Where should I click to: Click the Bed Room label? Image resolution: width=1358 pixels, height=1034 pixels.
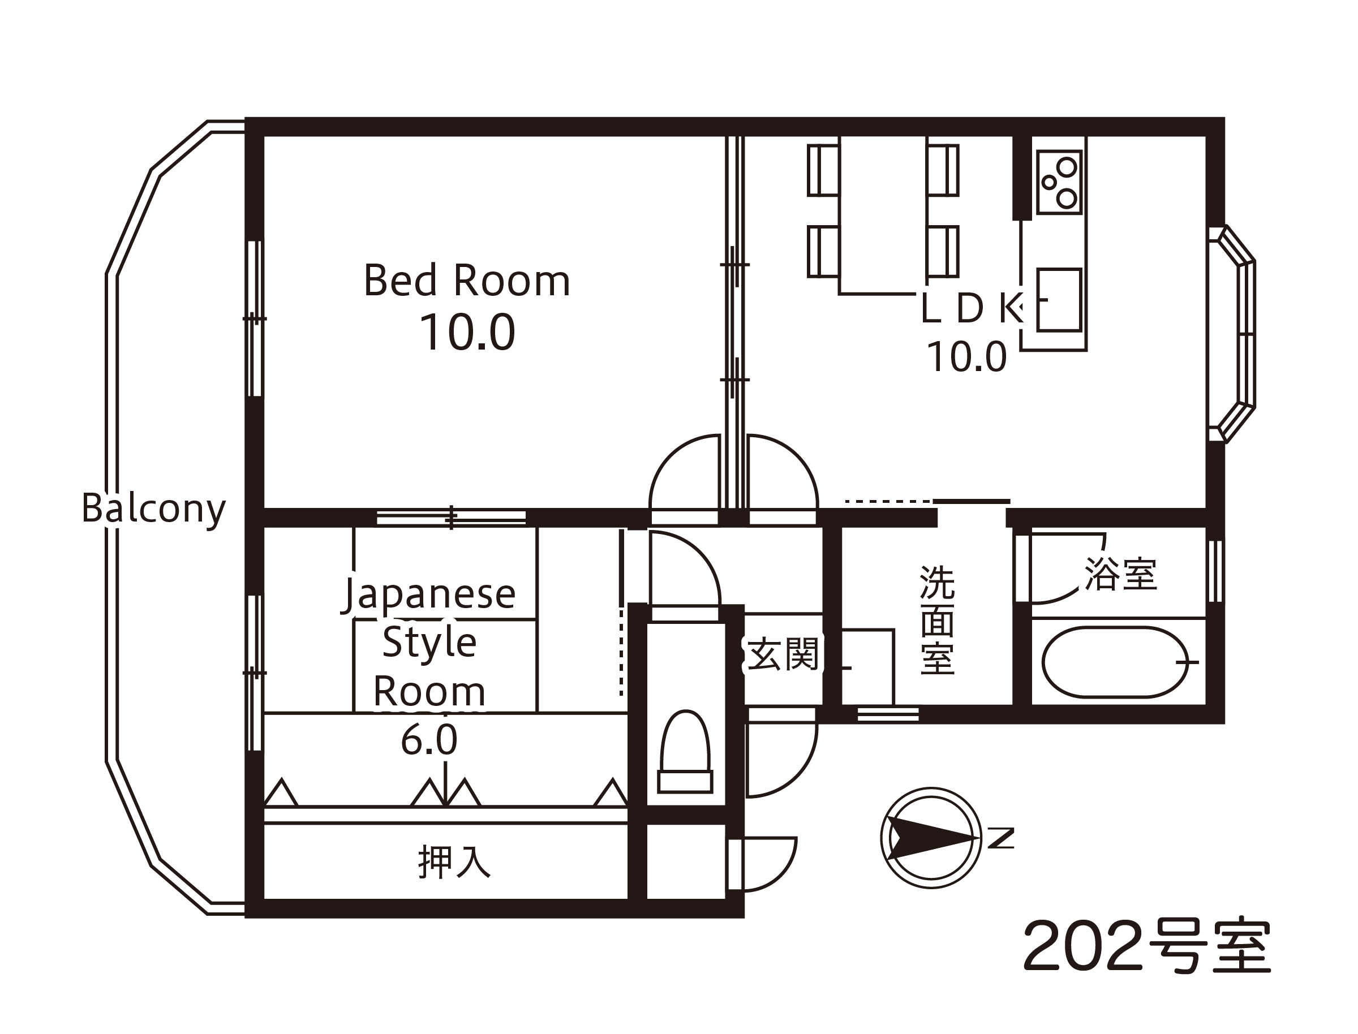pos(467,280)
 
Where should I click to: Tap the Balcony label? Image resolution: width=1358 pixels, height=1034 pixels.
pos(154,509)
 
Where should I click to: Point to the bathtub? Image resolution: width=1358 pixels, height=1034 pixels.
pos(1116,662)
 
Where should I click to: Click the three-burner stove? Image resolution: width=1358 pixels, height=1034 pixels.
pos(1059,182)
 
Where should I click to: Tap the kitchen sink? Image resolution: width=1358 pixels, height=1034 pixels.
pos(1059,300)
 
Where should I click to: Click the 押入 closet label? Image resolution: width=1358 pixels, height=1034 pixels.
pos(454,861)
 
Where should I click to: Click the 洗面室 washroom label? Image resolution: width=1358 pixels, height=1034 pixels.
pos(938,620)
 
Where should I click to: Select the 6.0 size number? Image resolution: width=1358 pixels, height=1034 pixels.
pos(429,740)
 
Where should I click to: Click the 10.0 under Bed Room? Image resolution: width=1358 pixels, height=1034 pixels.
pos(467,333)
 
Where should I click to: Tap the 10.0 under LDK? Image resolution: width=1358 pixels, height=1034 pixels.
pos(967,357)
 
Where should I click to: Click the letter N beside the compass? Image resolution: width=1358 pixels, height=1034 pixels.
pos(1001,838)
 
